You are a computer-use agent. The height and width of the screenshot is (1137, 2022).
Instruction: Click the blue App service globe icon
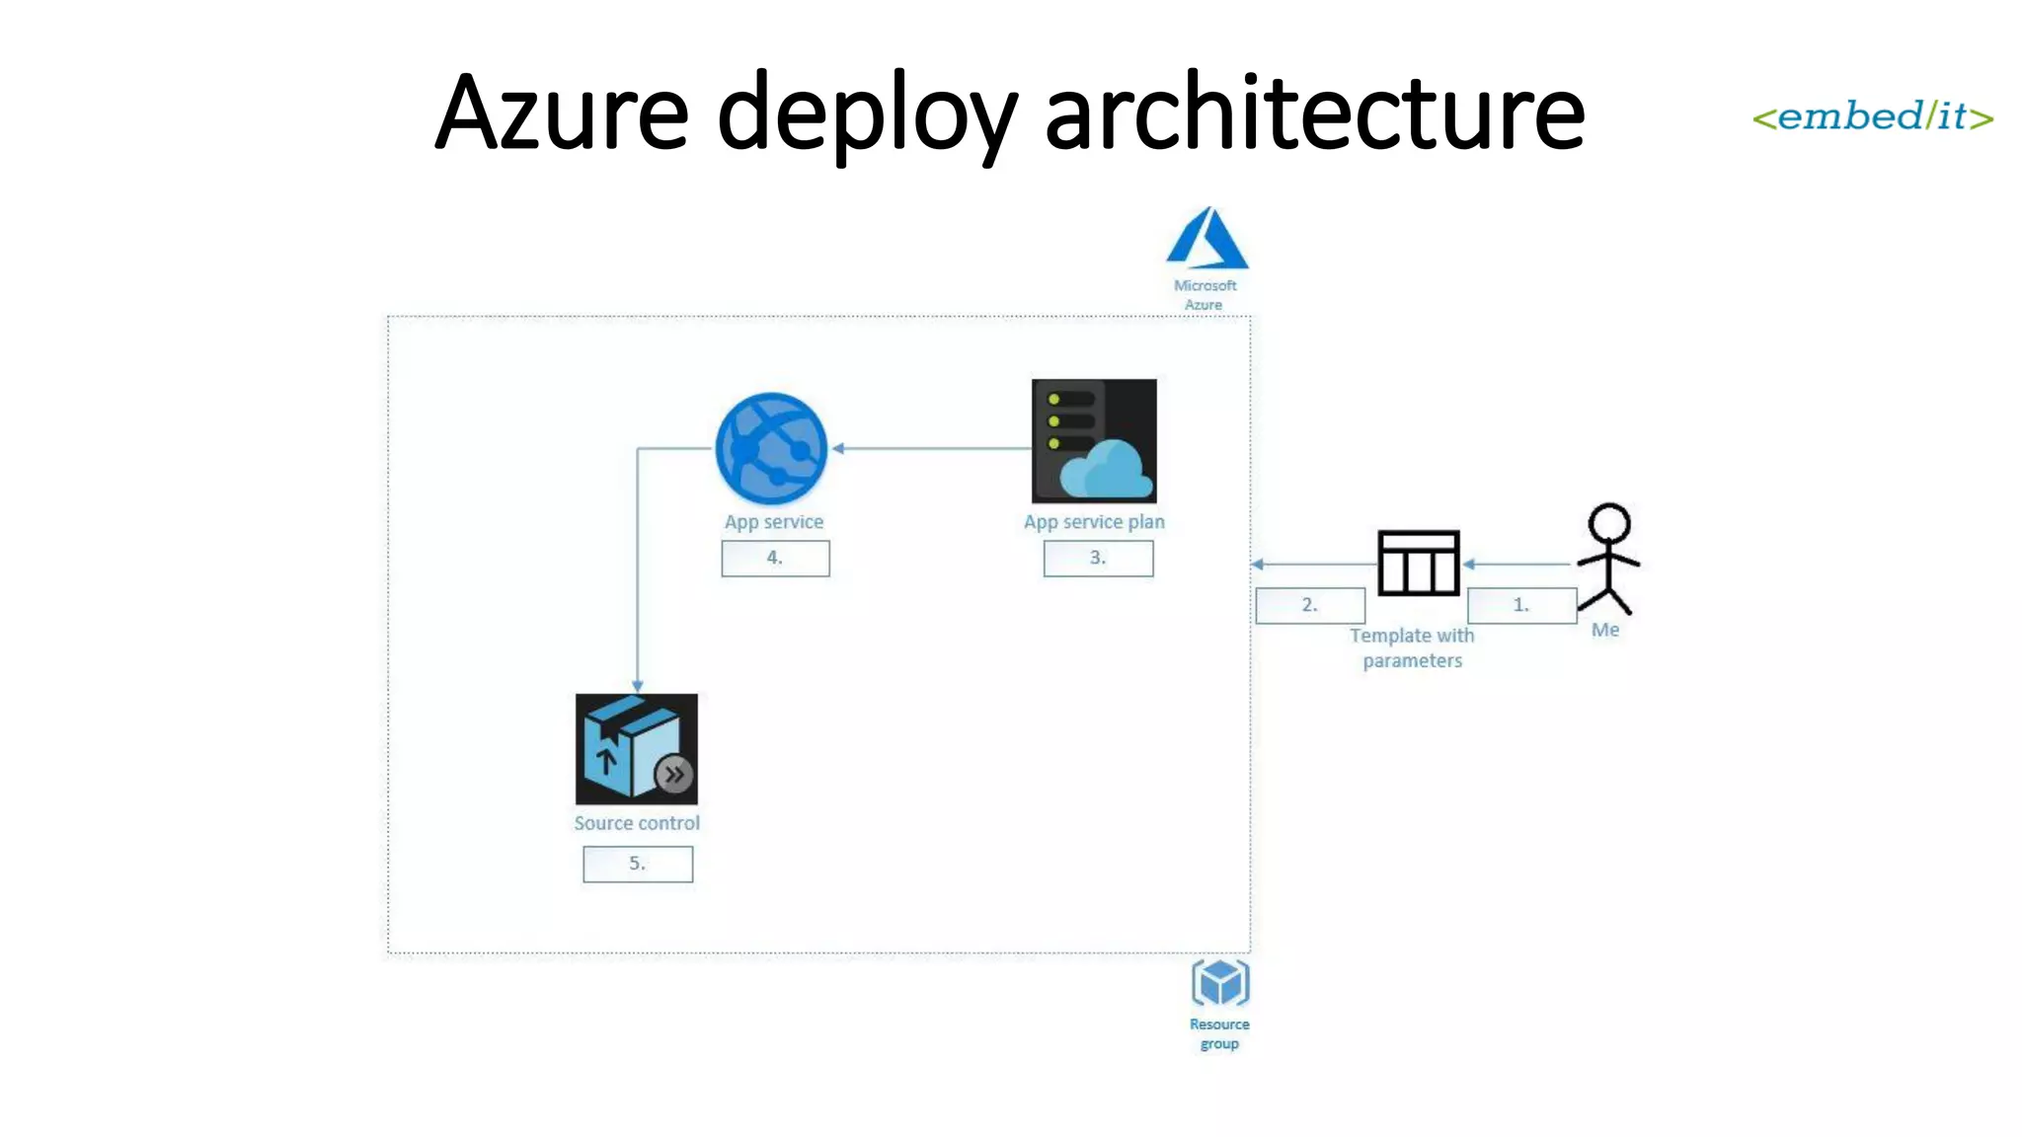click(x=771, y=449)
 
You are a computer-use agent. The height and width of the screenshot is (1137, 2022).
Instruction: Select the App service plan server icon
click(x=1094, y=441)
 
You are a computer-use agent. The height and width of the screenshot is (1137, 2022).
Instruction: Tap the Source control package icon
click(x=637, y=749)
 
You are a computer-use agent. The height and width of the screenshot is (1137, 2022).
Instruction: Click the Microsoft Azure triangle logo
click(x=1206, y=239)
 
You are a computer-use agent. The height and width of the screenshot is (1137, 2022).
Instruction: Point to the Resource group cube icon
click(x=1220, y=982)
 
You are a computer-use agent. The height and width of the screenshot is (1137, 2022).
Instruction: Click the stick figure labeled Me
click(x=1608, y=559)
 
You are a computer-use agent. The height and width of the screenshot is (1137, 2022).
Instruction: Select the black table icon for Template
click(x=1418, y=563)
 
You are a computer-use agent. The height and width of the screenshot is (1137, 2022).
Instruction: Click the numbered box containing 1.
click(x=1521, y=605)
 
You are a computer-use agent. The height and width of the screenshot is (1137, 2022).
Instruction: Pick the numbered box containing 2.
click(x=1310, y=605)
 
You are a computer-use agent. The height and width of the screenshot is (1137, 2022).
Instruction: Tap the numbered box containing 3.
click(x=1098, y=558)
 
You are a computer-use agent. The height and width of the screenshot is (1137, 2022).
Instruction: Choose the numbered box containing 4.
click(x=775, y=558)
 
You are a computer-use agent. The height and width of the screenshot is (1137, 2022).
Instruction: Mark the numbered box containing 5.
click(x=638, y=864)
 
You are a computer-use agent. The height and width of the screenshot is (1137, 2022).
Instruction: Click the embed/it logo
click(x=1872, y=117)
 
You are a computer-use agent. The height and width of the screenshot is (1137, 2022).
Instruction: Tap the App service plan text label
click(x=1094, y=521)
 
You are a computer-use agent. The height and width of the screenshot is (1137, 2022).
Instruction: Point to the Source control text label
click(x=637, y=823)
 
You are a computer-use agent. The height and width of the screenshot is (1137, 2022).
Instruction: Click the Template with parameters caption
click(x=1412, y=647)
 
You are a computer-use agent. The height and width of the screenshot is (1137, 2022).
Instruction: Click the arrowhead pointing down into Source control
click(x=638, y=685)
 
